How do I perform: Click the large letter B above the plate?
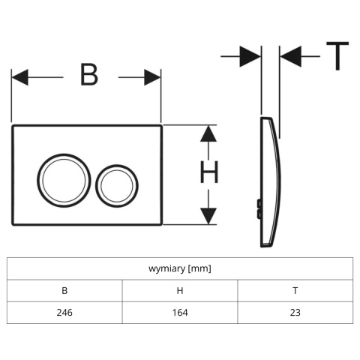pyautogui.click(x=89, y=75)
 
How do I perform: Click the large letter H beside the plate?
pyautogui.click(x=209, y=172)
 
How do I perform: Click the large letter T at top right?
pyautogui.click(x=337, y=56)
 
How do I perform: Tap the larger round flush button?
pyautogui.click(x=64, y=180)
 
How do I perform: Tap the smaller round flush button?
pyautogui.click(x=117, y=186)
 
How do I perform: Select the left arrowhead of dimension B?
pyautogui.click(x=19, y=77)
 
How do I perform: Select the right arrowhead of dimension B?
pyautogui.click(x=152, y=77)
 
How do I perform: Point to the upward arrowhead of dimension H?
pyautogui.click(x=208, y=133)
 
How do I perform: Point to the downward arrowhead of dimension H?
pyautogui.click(x=208, y=216)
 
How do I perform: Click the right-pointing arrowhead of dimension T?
pyautogui.click(x=250, y=56)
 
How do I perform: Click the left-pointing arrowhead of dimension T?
pyautogui.click(x=291, y=56)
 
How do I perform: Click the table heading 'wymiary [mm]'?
pyautogui.click(x=180, y=268)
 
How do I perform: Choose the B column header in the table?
pyautogui.click(x=64, y=290)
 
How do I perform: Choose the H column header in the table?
pyautogui.click(x=180, y=290)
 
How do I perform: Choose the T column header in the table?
pyautogui.click(x=295, y=290)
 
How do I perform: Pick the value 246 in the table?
pyautogui.click(x=64, y=313)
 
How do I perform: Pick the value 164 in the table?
pyautogui.click(x=180, y=313)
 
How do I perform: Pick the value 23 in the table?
pyautogui.click(x=295, y=313)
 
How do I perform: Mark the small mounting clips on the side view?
pyautogui.click(x=259, y=208)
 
